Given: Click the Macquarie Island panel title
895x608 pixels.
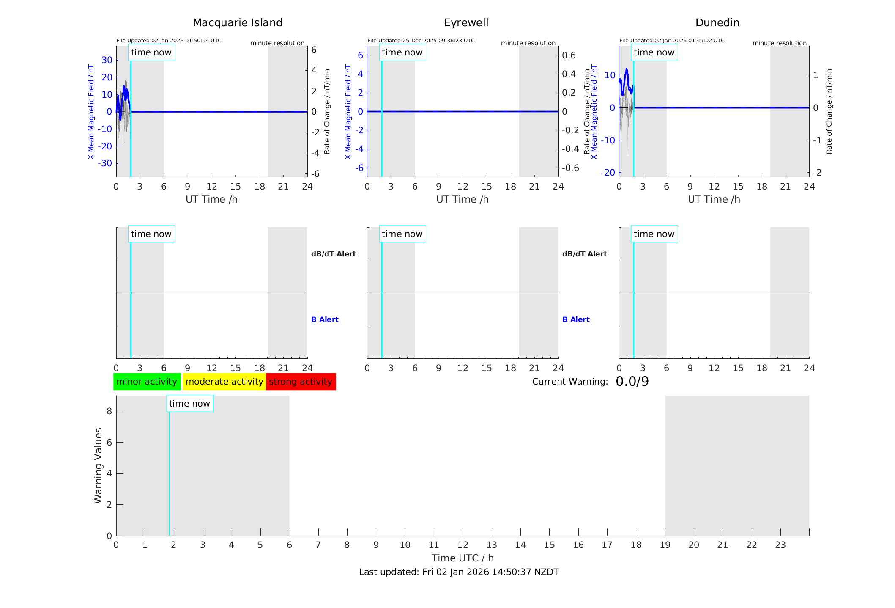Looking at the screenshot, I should [237, 23].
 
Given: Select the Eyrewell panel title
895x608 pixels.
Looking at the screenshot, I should [466, 23].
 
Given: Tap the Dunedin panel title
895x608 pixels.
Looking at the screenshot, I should [717, 23].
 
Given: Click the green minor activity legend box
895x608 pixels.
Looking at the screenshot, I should [147, 382].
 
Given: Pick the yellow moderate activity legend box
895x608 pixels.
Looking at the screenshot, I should [224, 382].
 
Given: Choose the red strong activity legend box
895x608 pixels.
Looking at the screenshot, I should [301, 382].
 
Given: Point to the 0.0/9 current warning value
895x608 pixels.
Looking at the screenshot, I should [632, 382].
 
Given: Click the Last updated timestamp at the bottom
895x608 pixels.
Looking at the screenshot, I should [459, 572].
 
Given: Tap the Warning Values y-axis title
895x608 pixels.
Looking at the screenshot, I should [98, 465].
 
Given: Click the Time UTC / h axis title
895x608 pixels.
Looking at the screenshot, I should [463, 558].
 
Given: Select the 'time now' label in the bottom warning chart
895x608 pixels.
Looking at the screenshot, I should [189, 404].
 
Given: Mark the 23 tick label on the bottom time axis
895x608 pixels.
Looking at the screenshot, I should [780, 545].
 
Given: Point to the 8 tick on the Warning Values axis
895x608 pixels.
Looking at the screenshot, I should [109, 411].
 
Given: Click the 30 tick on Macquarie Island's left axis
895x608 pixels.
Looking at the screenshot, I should [107, 60].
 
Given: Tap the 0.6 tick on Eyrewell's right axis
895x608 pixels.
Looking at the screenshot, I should [569, 55].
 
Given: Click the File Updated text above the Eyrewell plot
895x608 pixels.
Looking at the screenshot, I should [421, 41].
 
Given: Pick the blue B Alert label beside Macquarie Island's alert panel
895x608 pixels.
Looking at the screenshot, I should [325, 319].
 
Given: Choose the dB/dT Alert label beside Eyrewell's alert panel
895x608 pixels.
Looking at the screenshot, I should [584, 254].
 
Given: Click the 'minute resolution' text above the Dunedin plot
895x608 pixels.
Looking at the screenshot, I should [779, 43].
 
